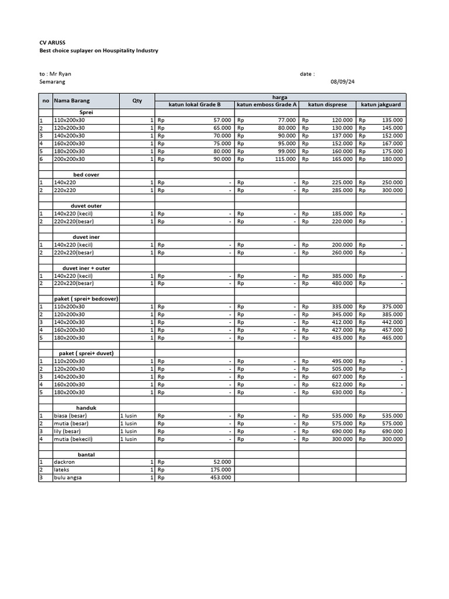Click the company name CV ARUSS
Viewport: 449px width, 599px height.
click(52, 43)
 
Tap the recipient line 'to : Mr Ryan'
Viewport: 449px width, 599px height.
click(55, 74)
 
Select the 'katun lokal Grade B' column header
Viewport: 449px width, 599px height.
click(195, 105)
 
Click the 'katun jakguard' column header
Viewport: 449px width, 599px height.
click(381, 105)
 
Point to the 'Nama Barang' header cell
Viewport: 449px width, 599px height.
click(72, 101)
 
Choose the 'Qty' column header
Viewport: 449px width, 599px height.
click(137, 101)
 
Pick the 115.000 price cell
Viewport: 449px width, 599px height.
click(285, 159)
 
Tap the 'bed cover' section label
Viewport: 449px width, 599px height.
click(86, 174)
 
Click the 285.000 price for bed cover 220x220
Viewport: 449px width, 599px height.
click(342, 190)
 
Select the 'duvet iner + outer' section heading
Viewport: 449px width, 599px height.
click(86, 268)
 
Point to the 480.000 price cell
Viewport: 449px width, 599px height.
click(342, 283)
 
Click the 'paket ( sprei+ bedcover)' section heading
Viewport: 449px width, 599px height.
click(86, 299)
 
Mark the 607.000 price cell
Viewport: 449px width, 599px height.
click(342, 377)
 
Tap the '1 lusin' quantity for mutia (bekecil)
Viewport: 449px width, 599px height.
click(129, 439)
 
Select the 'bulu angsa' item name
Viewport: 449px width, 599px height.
click(68, 477)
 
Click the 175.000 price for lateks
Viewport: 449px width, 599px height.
click(220, 470)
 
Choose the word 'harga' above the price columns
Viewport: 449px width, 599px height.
click(280, 97)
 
